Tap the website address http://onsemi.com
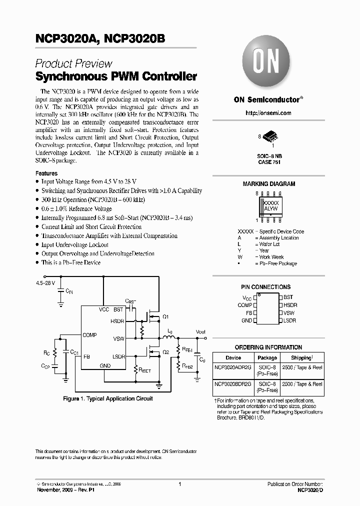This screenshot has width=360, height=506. tap(268, 113)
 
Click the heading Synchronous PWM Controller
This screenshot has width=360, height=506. tap(116, 77)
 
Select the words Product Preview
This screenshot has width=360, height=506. tap(73, 64)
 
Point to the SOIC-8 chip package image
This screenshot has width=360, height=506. tap(268, 137)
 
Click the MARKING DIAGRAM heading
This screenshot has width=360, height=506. tap(268, 184)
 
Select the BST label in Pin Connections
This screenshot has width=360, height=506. tap(288, 297)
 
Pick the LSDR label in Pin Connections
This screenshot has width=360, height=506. tap(289, 320)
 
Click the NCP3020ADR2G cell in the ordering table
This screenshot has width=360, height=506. tap(233, 367)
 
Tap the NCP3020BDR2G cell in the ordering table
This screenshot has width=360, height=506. tap(233, 384)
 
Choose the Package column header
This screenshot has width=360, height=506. tap(267, 357)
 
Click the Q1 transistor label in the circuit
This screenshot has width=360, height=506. tap(165, 317)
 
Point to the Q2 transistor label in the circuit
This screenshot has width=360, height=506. tap(165, 351)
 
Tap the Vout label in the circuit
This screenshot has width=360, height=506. tap(200, 331)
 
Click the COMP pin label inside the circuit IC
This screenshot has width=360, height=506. tap(90, 335)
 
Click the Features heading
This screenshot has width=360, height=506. tap(46, 173)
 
